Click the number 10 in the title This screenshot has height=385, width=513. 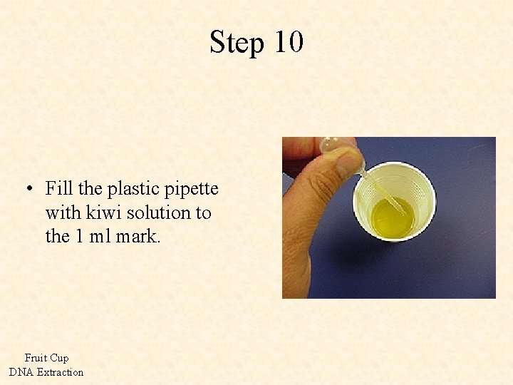tap(288, 42)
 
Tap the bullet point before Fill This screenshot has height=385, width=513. tap(28, 190)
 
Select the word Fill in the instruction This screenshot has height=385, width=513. tap(59, 189)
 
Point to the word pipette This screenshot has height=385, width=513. tap(192, 190)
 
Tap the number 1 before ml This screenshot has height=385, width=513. tap(80, 236)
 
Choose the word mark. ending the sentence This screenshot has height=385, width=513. tap(137, 236)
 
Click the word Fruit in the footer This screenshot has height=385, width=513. tap(35, 358)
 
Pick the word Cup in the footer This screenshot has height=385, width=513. tap(59, 358)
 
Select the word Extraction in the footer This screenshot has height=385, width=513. tap(60, 371)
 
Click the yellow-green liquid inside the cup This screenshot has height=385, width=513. tap(390, 220)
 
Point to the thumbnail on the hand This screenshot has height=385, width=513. tap(348, 166)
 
